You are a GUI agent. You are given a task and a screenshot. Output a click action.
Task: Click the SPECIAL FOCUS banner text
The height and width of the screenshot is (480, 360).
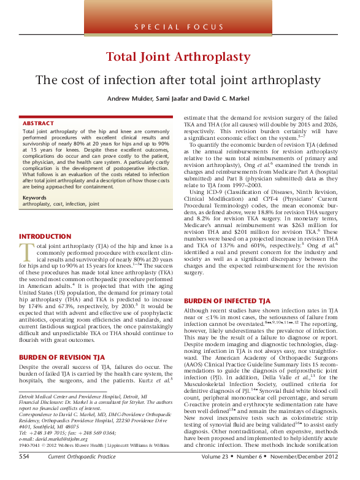[180, 27]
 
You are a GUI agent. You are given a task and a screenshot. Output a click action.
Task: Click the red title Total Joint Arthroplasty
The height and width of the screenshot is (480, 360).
[180, 58]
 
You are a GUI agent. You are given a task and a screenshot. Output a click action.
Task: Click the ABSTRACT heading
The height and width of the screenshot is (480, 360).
[38, 123]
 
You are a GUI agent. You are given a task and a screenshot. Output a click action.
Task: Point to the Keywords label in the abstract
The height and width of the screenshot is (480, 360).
[35, 197]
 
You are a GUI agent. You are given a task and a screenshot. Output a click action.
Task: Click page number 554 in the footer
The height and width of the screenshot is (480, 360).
[24, 474]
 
